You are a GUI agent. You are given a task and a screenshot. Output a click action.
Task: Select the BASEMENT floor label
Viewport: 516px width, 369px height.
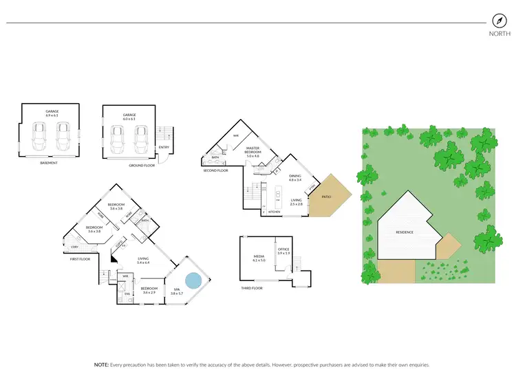(x=48, y=163)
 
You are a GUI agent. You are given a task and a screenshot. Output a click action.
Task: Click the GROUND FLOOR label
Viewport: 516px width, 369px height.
(x=142, y=166)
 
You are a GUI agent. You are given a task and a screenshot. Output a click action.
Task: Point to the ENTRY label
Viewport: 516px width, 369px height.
(x=164, y=147)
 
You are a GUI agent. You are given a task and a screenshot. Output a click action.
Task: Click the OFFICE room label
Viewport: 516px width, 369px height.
(x=284, y=249)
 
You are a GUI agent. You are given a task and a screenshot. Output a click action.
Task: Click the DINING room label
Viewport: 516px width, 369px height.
(x=294, y=176)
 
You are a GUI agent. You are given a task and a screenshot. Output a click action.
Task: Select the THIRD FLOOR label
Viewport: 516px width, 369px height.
(x=253, y=289)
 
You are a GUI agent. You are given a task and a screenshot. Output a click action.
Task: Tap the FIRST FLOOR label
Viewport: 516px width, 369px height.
(x=80, y=260)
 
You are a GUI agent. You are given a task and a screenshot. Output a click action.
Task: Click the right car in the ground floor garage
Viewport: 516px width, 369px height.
(x=142, y=139)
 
